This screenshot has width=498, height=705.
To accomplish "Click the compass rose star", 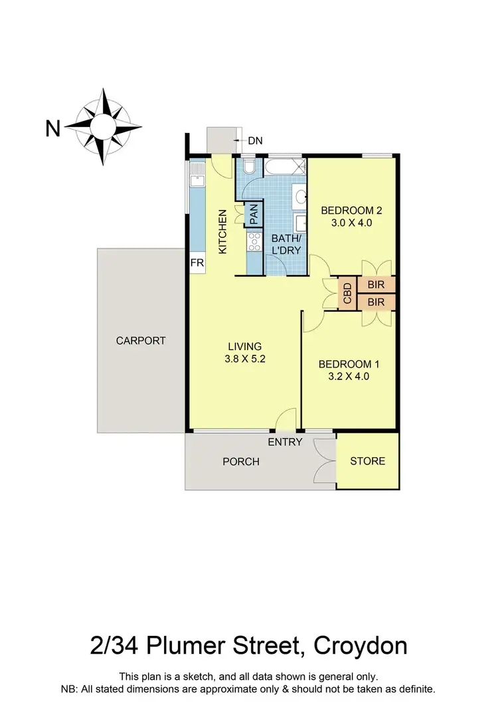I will click(104, 126).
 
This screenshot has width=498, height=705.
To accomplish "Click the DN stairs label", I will click(255, 140).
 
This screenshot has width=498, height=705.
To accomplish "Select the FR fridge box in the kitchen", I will click(197, 263).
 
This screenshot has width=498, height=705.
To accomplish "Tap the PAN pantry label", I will click(254, 214).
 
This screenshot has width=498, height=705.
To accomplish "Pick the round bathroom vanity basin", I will click(301, 196).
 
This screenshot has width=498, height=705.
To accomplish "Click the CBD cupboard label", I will click(347, 292).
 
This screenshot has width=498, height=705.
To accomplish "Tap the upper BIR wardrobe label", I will click(376, 285).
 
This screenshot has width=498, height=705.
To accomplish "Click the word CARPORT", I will click(140, 341).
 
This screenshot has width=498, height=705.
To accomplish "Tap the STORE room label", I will click(367, 461).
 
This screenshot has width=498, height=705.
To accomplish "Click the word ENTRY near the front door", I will click(285, 442).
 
